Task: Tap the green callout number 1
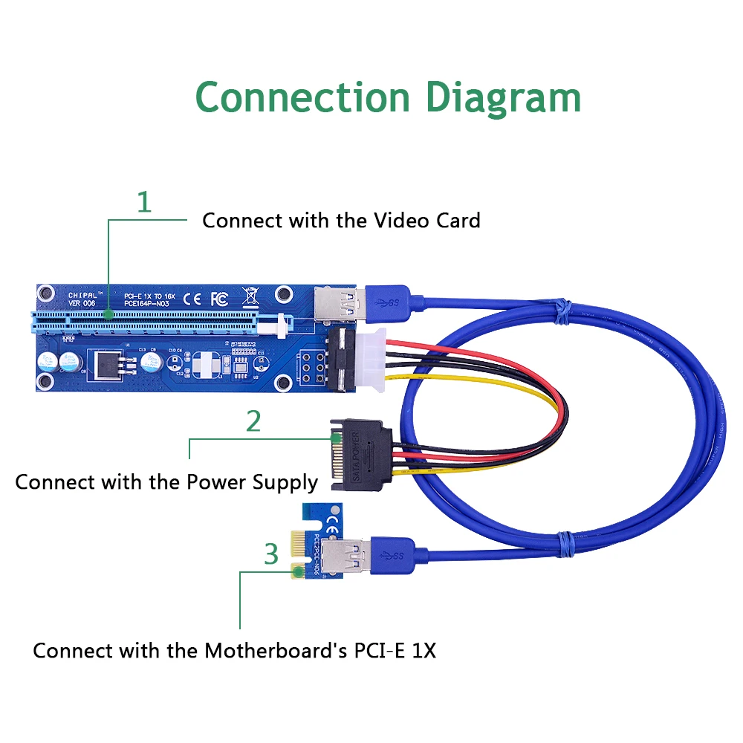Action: (x=144, y=202)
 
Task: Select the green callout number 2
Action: (x=253, y=421)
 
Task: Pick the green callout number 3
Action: (x=271, y=554)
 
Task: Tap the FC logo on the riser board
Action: (x=218, y=299)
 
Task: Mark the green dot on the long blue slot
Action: (x=108, y=315)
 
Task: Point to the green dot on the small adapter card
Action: (x=297, y=571)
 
